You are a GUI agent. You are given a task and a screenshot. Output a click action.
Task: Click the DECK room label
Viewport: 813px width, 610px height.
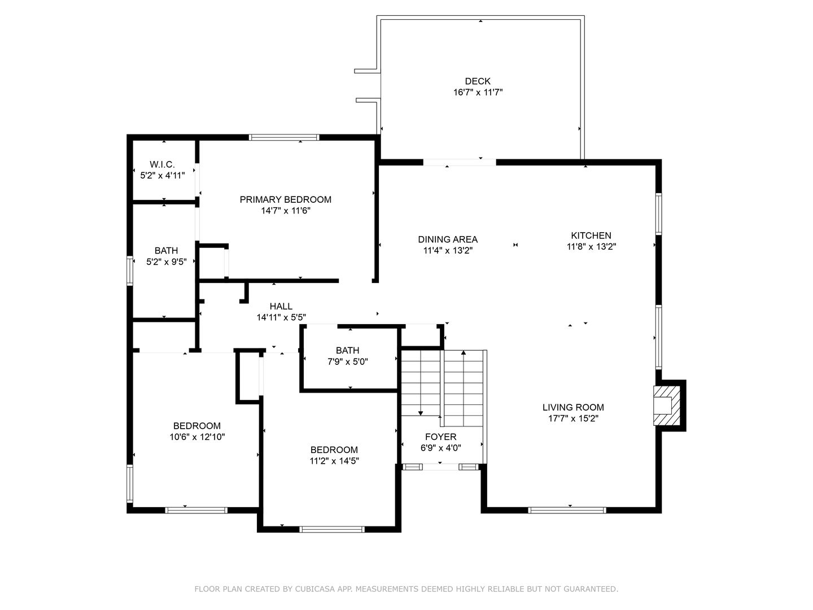pos(478,81)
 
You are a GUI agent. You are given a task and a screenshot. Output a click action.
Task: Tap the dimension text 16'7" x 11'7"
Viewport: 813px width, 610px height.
pos(478,92)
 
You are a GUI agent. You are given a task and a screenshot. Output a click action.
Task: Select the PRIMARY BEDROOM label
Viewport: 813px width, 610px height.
pos(285,199)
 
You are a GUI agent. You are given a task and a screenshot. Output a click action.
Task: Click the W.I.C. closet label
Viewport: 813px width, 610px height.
pos(162,164)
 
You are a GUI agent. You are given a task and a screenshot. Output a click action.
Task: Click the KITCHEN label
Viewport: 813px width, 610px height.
pos(591,236)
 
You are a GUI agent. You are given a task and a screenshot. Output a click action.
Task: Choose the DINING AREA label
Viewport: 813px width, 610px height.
pos(448,239)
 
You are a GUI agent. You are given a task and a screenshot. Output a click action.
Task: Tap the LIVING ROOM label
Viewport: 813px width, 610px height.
pos(573,407)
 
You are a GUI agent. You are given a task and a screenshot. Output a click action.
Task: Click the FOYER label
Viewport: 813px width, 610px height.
pos(440,437)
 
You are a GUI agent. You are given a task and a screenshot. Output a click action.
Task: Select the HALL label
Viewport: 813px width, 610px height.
pos(281,306)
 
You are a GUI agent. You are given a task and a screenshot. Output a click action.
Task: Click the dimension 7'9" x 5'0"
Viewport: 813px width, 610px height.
pos(347,361)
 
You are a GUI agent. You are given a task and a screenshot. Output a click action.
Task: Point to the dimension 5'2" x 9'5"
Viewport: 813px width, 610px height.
pos(166,262)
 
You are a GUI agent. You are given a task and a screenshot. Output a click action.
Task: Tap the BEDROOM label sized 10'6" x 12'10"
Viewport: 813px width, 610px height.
pos(196,426)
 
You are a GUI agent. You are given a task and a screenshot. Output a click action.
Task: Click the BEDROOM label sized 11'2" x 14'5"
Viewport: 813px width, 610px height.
pos(334,450)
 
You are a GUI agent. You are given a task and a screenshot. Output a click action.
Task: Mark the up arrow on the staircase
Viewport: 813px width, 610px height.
pos(464,353)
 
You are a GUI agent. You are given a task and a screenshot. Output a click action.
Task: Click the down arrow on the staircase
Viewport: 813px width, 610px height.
pos(421,413)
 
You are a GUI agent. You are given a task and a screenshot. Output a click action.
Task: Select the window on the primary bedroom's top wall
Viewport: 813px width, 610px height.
pos(284,137)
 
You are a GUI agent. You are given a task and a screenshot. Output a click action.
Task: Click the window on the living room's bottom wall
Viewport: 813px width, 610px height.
pos(567,510)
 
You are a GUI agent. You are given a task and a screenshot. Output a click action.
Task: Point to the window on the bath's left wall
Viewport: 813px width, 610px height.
pos(129,271)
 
